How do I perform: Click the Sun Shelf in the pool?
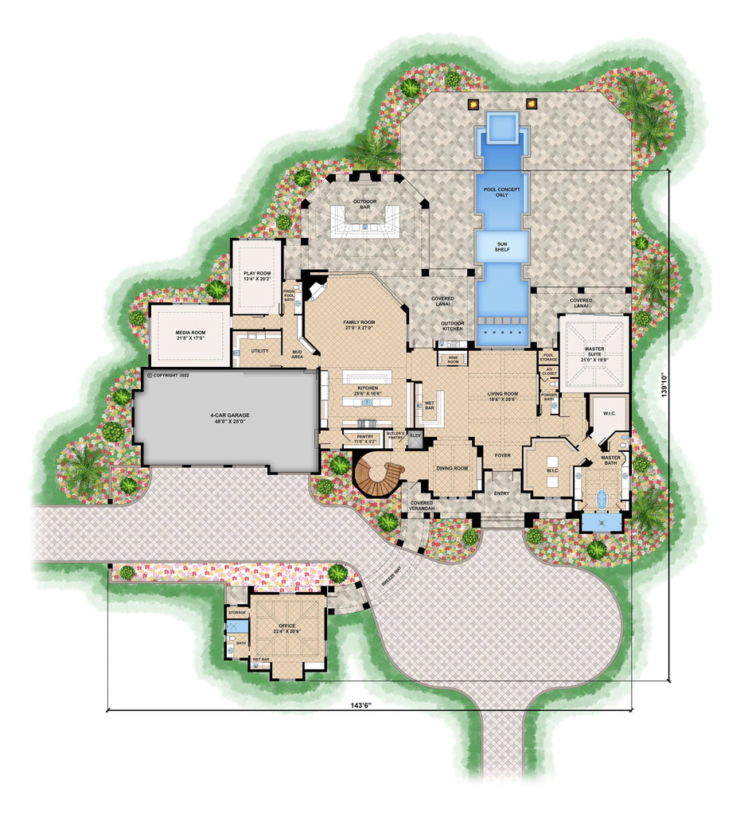[502, 245]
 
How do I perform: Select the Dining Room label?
[451, 468]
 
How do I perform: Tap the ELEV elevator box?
[414, 436]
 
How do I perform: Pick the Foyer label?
[501, 455]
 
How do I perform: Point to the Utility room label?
[259, 350]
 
